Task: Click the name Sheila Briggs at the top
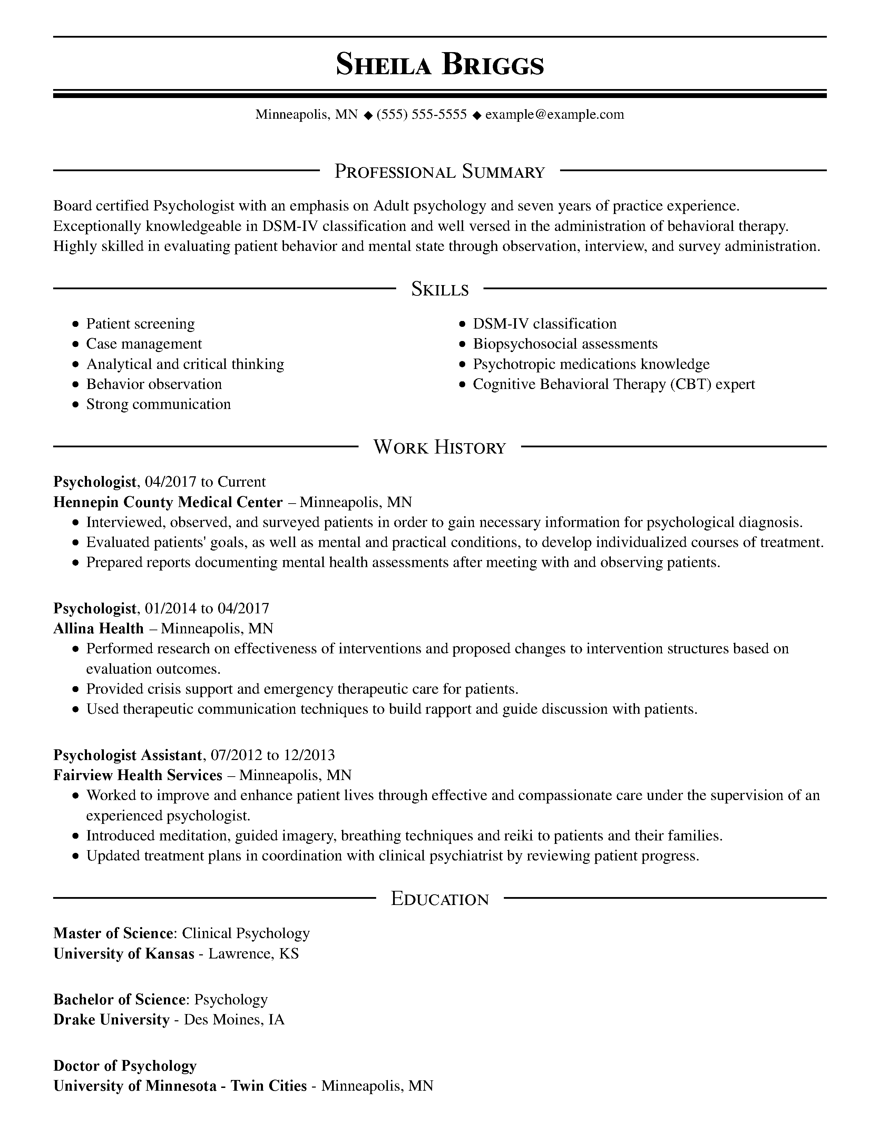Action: [439, 65]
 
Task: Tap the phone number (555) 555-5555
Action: [421, 114]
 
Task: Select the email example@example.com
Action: [555, 114]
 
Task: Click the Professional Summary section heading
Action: [439, 172]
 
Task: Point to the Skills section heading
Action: [439, 289]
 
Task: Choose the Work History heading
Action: [439, 447]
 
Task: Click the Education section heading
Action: [439, 898]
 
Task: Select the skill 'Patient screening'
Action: [140, 324]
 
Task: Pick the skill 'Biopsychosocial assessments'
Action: [565, 344]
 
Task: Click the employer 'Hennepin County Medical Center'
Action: [168, 502]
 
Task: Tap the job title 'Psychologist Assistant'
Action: [127, 755]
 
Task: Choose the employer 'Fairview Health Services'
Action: [138, 775]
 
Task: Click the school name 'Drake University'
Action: [111, 1020]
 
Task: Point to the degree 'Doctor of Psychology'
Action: [125, 1066]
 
